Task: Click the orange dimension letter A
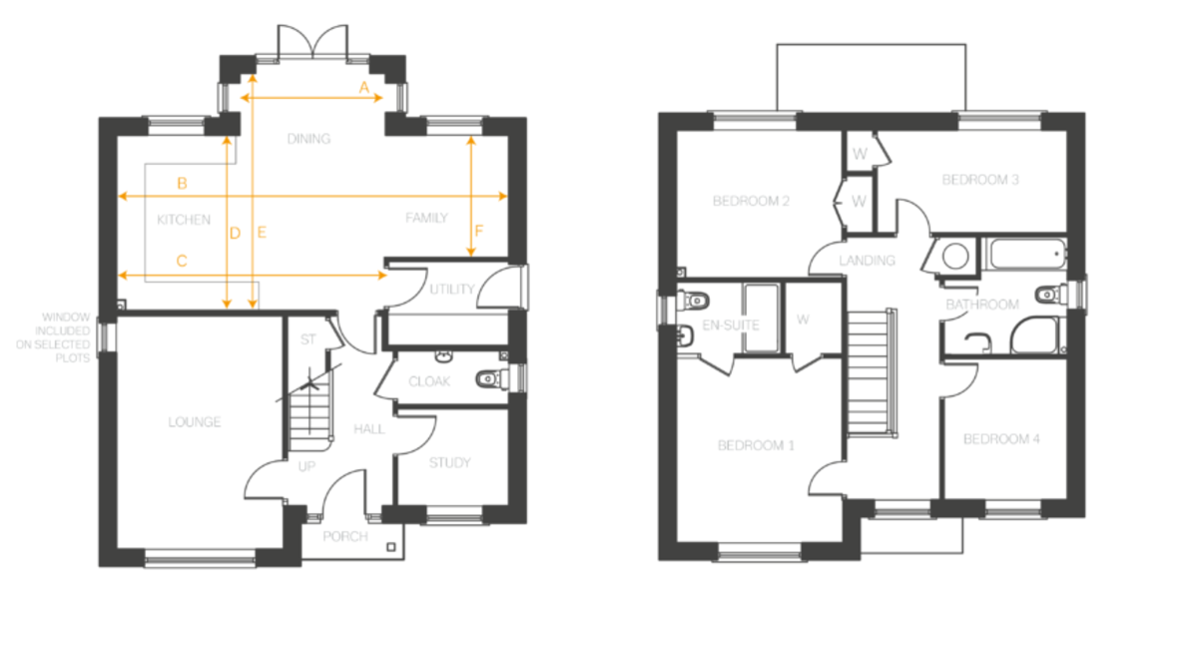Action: pyautogui.click(x=364, y=87)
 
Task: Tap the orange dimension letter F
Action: pyautogui.click(x=478, y=231)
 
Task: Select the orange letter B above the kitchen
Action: pyautogui.click(x=182, y=184)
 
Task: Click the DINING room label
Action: pyautogui.click(x=308, y=139)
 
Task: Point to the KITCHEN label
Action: pyautogui.click(x=184, y=220)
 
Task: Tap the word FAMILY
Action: pyautogui.click(x=426, y=218)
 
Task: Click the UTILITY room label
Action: pyautogui.click(x=452, y=290)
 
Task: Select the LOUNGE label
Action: pyautogui.click(x=194, y=422)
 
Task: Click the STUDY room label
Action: pyautogui.click(x=450, y=462)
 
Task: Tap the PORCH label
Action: pyautogui.click(x=345, y=536)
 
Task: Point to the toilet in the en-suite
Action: pyautogui.click(x=693, y=301)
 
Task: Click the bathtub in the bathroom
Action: pyautogui.click(x=1026, y=254)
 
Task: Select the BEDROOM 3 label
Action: pyautogui.click(x=979, y=180)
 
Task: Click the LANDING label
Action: pyautogui.click(x=867, y=261)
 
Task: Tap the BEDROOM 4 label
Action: pyautogui.click(x=1001, y=439)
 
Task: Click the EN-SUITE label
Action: pyautogui.click(x=730, y=326)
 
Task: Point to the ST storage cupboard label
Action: pyautogui.click(x=308, y=339)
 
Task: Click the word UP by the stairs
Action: pyautogui.click(x=306, y=466)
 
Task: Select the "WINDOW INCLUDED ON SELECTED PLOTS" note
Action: pyautogui.click(x=53, y=337)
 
